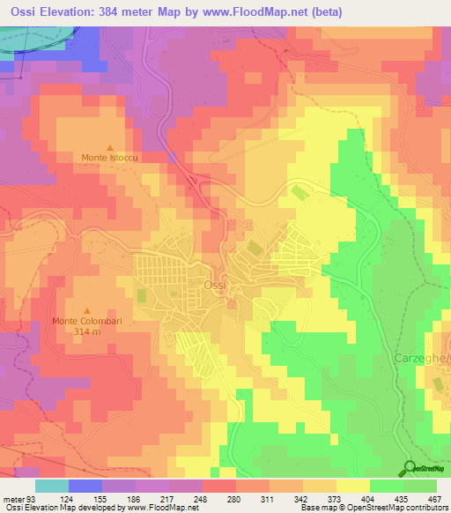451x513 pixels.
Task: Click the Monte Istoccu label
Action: coord(109,158)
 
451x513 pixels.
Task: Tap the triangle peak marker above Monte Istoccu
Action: coord(110,147)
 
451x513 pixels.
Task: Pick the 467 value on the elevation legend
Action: coord(433,498)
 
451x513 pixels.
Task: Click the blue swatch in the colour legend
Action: coord(85,486)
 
